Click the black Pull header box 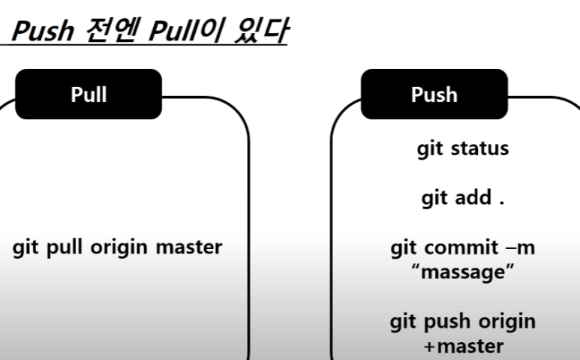click(x=89, y=94)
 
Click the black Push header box click(x=434, y=94)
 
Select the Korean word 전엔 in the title click(x=113, y=30)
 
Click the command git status click(x=463, y=149)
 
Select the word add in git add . click(x=473, y=197)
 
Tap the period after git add click(x=501, y=202)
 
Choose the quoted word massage click(x=463, y=272)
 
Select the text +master click(x=464, y=346)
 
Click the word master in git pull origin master click(x=189, y=247)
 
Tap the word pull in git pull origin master click(x=64, y=247)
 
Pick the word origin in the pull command click(x=119, y=247)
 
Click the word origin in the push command click(x=507, y=322)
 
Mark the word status click(x=479, y=148)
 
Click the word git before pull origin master click(x=26, y=247)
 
